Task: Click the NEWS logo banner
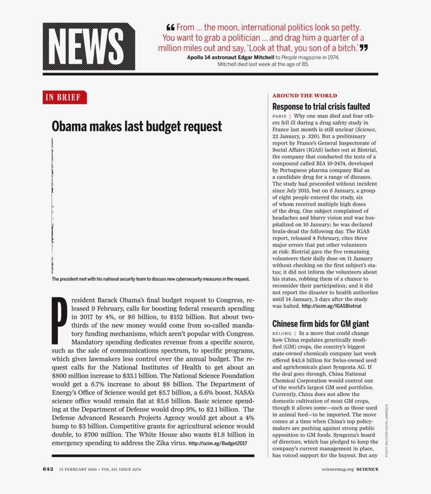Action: [x=89, y=47]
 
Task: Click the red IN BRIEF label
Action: [x=65, y=97]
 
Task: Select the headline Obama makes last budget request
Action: [x=137, y=127]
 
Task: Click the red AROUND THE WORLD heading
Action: [x=304, y=96]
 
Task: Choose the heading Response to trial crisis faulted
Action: [x=321, y=106]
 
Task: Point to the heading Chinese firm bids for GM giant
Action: [x=320, y=324]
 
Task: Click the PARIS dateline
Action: [x=279, y=116]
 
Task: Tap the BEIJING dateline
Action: [x=282, y=334]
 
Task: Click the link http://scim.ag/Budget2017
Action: [x=218, y=443]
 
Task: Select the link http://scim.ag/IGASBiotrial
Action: [x=331, y=306]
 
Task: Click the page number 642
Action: [x=48, y=469]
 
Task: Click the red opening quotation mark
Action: [x=170, y=28]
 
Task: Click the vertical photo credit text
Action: [x=386, y=430]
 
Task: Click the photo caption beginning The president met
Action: [x=150, y=279]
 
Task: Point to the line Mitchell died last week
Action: [x=263, y=64]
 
